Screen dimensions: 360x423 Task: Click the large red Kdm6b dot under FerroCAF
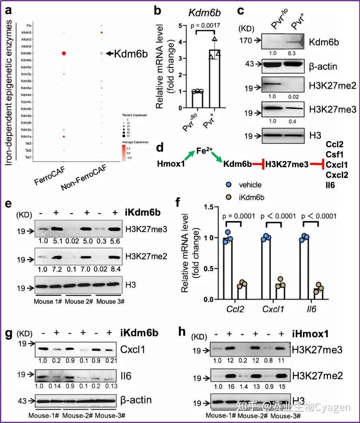(63, 53)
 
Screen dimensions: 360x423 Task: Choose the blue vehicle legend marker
(228, 185)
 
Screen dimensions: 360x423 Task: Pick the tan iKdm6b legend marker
(228, 197)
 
